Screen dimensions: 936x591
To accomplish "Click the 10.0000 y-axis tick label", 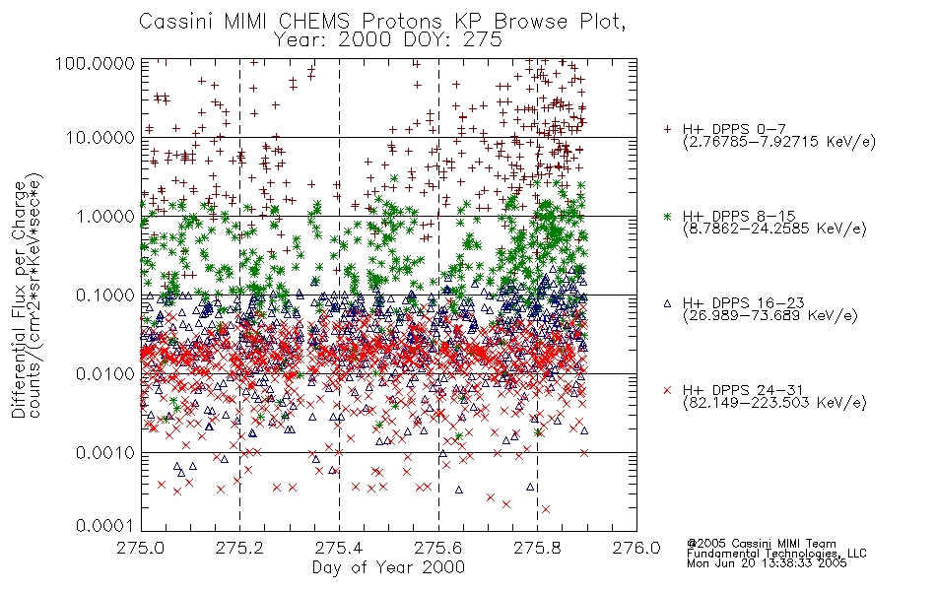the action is tap(100, 138).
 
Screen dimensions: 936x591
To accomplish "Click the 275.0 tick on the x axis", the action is tap(141, 548).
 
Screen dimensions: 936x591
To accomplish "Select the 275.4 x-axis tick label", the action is tap(339, 548).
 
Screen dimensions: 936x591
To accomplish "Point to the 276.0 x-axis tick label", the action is tap(636, 548).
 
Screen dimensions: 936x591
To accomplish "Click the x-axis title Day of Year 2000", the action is tap(388, 567).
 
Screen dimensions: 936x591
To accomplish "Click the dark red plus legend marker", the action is tap(667, 129).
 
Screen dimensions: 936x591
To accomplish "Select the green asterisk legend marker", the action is tap(667, 216).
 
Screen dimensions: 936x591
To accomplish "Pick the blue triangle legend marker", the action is tap(667, 303).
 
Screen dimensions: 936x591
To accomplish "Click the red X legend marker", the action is tap(667, 390).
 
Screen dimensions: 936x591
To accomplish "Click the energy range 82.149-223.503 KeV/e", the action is tap(774, 403).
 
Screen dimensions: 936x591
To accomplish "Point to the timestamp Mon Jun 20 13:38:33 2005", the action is tap(767, 563).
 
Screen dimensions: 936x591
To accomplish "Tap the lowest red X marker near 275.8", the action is tap(545, 509).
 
